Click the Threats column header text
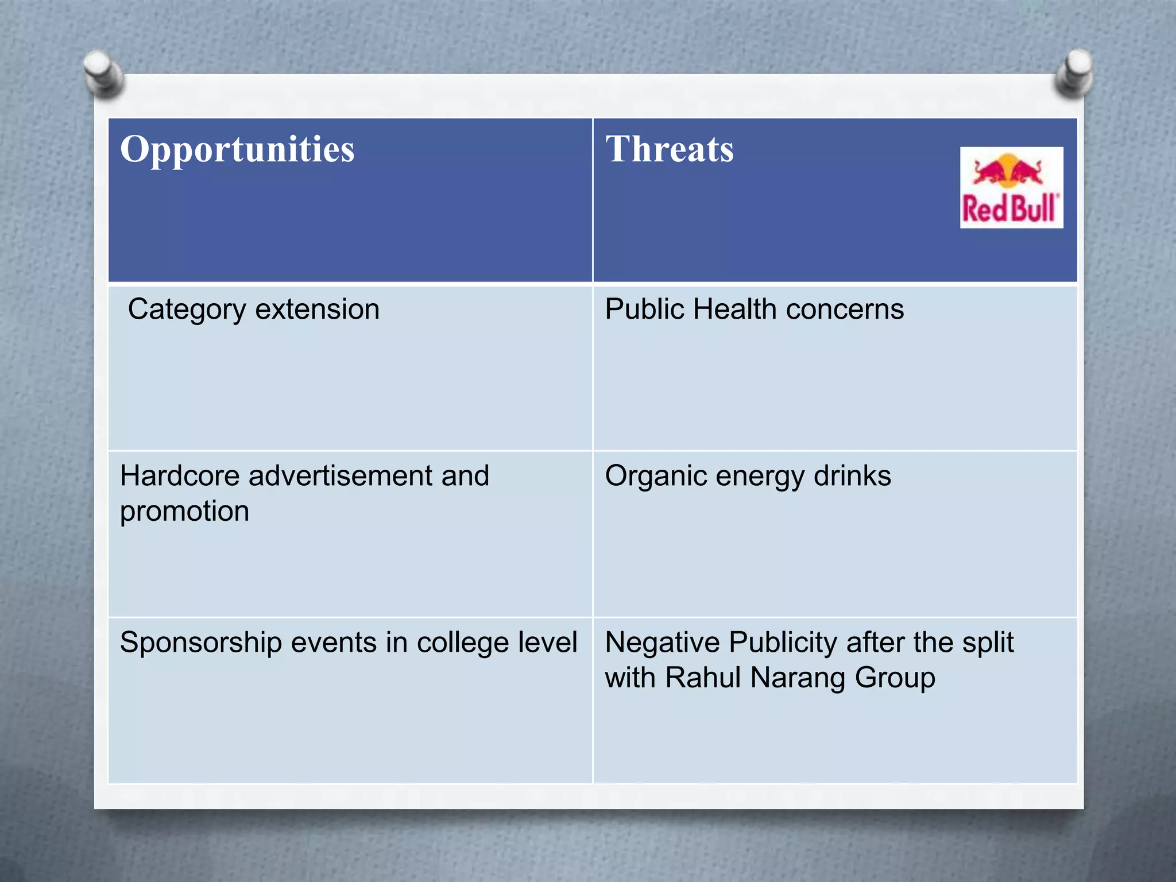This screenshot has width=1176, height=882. point(670,149)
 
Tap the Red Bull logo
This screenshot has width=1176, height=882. point(1011,188)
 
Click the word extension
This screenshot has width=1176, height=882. point(317,310)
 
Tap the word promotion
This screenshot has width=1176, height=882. point(184,512)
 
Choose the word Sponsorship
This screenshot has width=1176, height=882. point(200,643)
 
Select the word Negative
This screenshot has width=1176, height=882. point(662,643)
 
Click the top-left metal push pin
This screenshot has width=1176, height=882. point(103,73)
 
